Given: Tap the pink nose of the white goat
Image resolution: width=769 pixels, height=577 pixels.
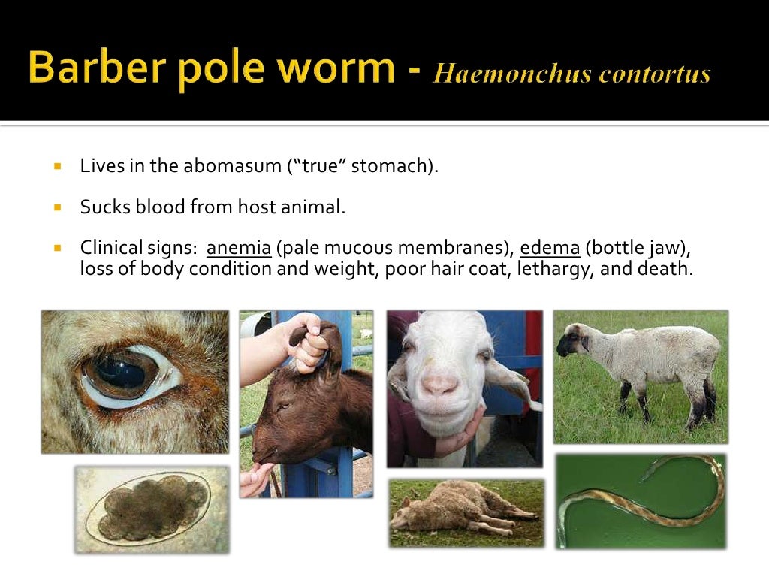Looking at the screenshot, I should (441, 386).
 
